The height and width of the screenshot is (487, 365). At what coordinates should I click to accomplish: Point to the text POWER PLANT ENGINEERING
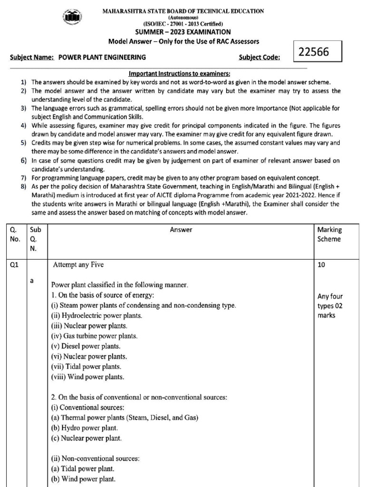(102, 58)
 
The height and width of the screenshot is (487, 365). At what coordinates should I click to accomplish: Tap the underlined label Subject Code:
(259, 58)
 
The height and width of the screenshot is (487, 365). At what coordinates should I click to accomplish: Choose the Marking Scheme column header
(329, 234)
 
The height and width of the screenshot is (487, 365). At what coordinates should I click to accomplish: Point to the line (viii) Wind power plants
(87, 377)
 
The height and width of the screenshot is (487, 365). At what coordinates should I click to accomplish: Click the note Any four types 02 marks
(330, 306)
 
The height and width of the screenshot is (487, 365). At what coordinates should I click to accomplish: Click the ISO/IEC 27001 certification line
(183, 23)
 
